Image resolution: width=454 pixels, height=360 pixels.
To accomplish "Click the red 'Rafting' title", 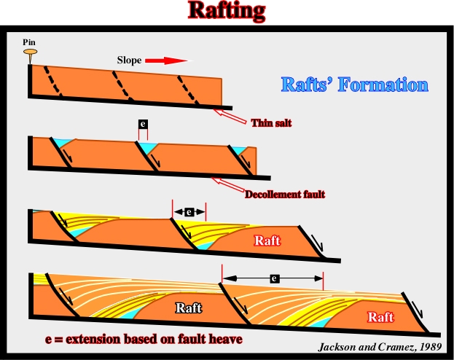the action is coord(227,11).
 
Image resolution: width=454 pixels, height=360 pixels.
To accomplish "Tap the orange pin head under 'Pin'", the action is coord(30,52).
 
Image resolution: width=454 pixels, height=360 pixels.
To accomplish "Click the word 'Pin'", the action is coord(29,42).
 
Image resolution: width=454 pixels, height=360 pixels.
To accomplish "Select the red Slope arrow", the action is coord(166,60).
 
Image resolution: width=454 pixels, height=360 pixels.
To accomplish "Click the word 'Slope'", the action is coord(129,60).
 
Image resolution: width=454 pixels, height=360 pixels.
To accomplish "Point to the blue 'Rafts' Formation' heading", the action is coord(355,85).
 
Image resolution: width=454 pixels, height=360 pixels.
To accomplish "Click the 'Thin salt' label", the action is coord(271,123).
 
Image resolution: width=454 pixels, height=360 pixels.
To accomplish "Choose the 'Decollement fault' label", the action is coord(285,195).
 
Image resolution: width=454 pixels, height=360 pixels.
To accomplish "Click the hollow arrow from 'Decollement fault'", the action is coord(228,184).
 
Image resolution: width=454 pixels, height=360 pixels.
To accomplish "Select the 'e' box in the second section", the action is coord(143,124).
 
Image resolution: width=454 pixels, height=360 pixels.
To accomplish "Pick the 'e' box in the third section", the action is coord(189,212).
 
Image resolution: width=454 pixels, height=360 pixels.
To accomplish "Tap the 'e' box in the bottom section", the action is coord(274,278).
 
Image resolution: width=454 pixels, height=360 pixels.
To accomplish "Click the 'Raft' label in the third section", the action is coord(267,240).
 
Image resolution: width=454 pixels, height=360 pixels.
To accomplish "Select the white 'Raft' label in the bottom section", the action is coord(189,308).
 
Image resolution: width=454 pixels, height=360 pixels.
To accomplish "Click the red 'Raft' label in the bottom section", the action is coord(380,317).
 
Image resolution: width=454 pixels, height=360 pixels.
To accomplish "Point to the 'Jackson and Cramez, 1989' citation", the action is coord(380,347).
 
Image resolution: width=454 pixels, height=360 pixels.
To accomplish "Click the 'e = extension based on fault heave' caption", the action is coord(144,339).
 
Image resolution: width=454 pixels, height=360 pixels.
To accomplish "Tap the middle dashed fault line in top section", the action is coord(122,86).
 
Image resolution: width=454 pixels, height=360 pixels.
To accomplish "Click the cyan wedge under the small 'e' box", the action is coord(148,145).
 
